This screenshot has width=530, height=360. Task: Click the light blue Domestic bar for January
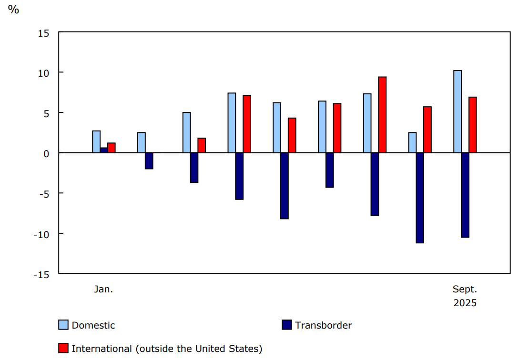tap(96, 141)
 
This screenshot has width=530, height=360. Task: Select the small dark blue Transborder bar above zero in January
tap(104, 150)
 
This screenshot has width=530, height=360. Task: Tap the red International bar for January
tap(112, 148)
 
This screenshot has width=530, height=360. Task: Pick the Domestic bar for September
tap(458, 111)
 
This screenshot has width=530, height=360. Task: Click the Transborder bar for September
tap(465, 195)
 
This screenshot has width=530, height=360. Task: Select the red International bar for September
tap(473, 125)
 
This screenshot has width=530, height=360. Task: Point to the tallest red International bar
tap(382, 115)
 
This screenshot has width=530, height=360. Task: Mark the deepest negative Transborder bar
tap(420, 198)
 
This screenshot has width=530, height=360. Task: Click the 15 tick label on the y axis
tap(44, 33)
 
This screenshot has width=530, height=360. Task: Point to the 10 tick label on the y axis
tap(44, 73)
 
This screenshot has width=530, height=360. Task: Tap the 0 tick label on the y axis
tap(47, 153)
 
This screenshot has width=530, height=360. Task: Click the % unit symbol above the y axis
tap(13, 10)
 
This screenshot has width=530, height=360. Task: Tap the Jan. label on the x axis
tap(103, 289)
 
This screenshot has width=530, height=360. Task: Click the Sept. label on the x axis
tap(465, 289)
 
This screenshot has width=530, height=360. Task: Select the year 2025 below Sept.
tap(465, 303)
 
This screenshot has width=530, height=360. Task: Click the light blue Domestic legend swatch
tap(63, 325)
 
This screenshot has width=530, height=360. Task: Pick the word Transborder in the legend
tap(323, 325)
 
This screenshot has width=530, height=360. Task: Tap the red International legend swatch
tap(63, 349)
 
